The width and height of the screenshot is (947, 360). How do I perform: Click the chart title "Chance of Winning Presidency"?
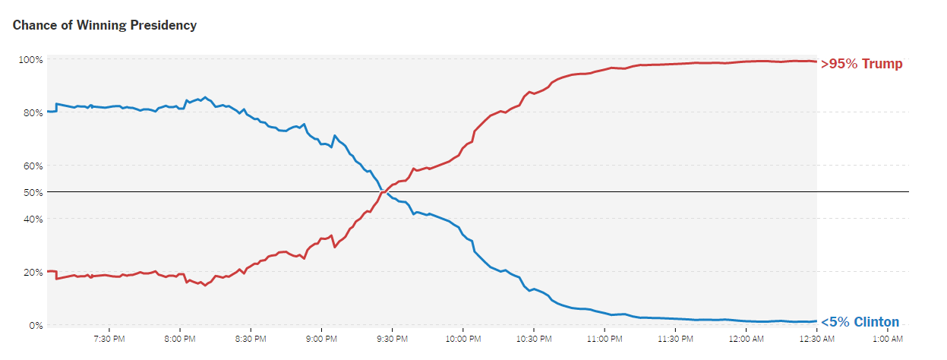tap(105, 26)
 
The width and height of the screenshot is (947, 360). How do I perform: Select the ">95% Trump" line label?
tap(862, 64)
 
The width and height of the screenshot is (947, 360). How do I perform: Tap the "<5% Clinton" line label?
tap(860, 322)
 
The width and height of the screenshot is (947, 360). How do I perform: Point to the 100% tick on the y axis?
tap(30, 59)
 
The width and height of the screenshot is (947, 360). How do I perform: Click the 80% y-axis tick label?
tap(33, 112)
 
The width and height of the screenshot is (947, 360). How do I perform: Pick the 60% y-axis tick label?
tap(33, 166)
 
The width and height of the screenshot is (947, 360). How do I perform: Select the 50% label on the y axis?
tap(33, 192)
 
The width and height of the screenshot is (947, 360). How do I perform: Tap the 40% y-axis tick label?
tap(33, 219)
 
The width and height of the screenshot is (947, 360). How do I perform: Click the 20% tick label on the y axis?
tap(33, 272)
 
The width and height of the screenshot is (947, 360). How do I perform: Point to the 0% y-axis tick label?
tap(35, 325)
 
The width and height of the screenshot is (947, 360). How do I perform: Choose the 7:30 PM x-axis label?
tap(109, 339)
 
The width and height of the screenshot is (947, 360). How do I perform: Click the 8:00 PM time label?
tap(180, 339)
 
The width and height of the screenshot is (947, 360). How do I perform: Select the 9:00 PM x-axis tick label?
tap(320, 339)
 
